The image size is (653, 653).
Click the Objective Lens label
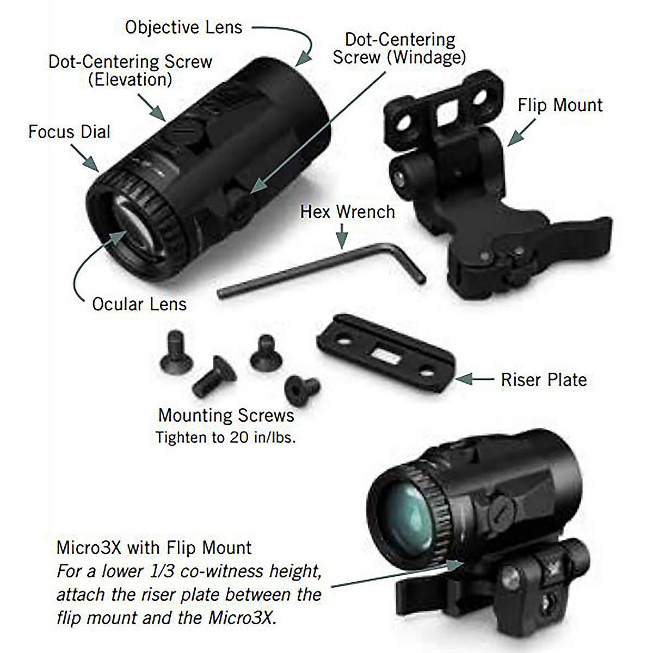[x=183, y=27]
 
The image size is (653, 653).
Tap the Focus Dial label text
[x=69, y=132]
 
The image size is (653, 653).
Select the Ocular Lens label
[x=139, y=304]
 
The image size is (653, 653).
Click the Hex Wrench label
[x=347, y=212]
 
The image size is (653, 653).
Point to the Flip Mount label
[x=560, y=105]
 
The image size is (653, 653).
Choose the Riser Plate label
[x=544, y=380]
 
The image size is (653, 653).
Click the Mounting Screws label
[x=226, y=416]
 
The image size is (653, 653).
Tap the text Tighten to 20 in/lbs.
[x=226, y=438]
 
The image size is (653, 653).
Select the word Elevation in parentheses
[x=130, y=80]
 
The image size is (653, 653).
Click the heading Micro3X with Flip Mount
[x=154, y=547]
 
